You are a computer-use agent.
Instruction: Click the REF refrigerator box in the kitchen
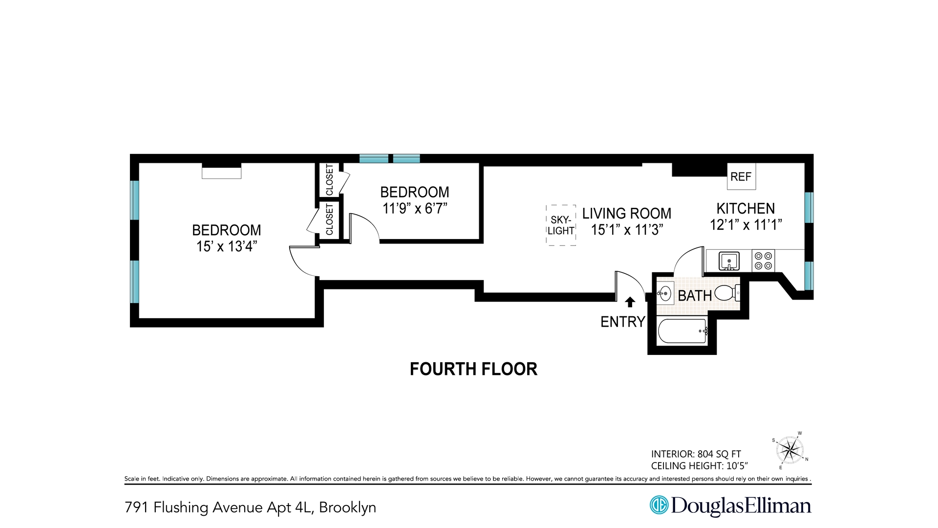coord(741,176)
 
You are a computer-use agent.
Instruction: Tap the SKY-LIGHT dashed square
coord(561,225)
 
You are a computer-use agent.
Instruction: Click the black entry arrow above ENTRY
coord(630,302)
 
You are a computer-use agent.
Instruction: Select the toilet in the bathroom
coord(726,293)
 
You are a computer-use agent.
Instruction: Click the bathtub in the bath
coord(682,331)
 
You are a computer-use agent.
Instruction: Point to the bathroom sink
coord(664,294)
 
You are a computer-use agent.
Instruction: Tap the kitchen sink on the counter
coord(729,261)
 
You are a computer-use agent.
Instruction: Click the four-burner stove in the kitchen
coord(763,261)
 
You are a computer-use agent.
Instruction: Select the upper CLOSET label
coord(329,180)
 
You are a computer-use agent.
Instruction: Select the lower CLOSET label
coord(329,220)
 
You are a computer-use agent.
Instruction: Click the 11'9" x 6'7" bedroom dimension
coord(415,209)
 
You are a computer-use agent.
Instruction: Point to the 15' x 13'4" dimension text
coord(227,246)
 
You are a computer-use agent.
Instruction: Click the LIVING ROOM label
coord(627,214)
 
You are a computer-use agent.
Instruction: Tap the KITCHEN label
coord(746,209)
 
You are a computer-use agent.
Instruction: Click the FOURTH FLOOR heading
coord(473,369)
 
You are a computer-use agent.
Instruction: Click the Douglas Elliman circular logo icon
coord(659,505)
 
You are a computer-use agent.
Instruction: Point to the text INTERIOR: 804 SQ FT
coord(696,454)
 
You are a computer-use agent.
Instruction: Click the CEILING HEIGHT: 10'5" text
coord(699,466)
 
